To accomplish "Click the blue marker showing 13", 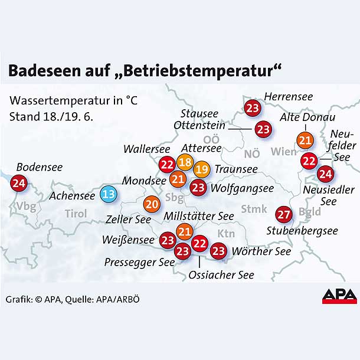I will click(109, 194).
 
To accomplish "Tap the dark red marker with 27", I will click(284, 214).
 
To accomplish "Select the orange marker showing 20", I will click(151, 204).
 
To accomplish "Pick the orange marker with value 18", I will click(185, 163).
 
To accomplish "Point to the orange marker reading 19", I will click(201, 169).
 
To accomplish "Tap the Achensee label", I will click(73, 195).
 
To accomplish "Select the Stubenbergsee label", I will click(302, 231).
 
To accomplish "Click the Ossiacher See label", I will click(221, 275).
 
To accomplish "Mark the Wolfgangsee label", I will click(242, 189).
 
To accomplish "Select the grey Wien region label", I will click(284, 152).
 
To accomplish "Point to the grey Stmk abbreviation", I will click(254, 208).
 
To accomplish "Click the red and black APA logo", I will click(339, 296).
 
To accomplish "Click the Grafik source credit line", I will click(73, 299).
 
